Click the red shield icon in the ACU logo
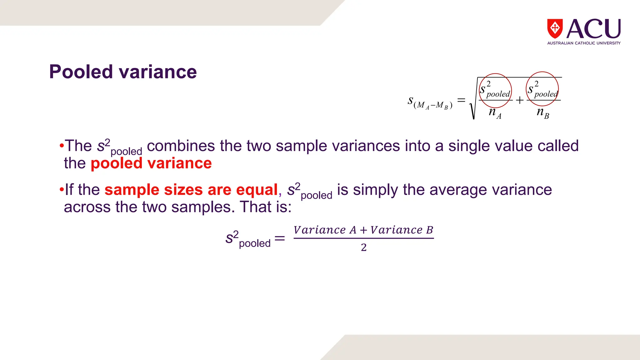(555, 28)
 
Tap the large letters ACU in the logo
(593, 29)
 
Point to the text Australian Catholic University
(584, 43)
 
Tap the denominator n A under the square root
(495, 112)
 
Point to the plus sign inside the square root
(519, 100)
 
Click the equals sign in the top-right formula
(461, 100)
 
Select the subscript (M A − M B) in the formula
(433, 106)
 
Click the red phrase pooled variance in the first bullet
(151, 163)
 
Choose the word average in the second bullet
(453, 190)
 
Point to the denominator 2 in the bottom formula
(364, 247)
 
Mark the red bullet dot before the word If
(62, 190)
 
